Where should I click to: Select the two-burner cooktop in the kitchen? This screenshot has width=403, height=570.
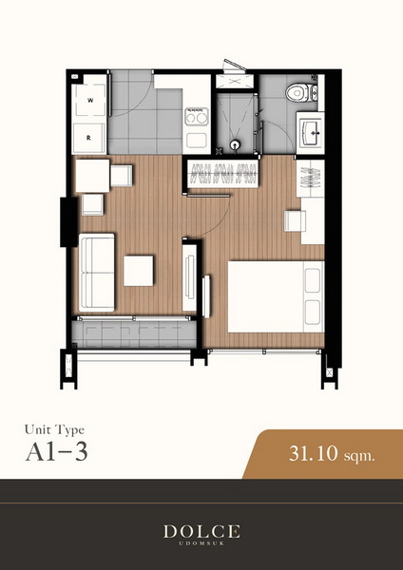197,117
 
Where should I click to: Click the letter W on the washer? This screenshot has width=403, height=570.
90,101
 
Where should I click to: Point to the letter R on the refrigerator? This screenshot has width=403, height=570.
88,138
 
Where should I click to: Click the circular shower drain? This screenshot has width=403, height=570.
235,144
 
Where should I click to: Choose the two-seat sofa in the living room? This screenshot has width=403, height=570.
97,273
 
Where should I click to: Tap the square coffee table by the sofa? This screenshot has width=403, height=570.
139,271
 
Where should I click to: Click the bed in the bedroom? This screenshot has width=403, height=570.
276,296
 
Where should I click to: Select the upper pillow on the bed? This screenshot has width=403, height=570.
313,280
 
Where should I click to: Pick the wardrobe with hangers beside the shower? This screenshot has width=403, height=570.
222,174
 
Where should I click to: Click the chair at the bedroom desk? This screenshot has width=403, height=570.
295,220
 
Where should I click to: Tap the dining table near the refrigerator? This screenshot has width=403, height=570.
92,176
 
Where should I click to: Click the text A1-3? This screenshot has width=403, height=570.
57,452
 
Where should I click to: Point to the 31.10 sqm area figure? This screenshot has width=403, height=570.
332,454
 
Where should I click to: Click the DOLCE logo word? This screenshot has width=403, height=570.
201,531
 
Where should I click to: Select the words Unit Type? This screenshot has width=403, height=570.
54,430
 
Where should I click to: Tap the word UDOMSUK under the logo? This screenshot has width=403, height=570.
201,543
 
